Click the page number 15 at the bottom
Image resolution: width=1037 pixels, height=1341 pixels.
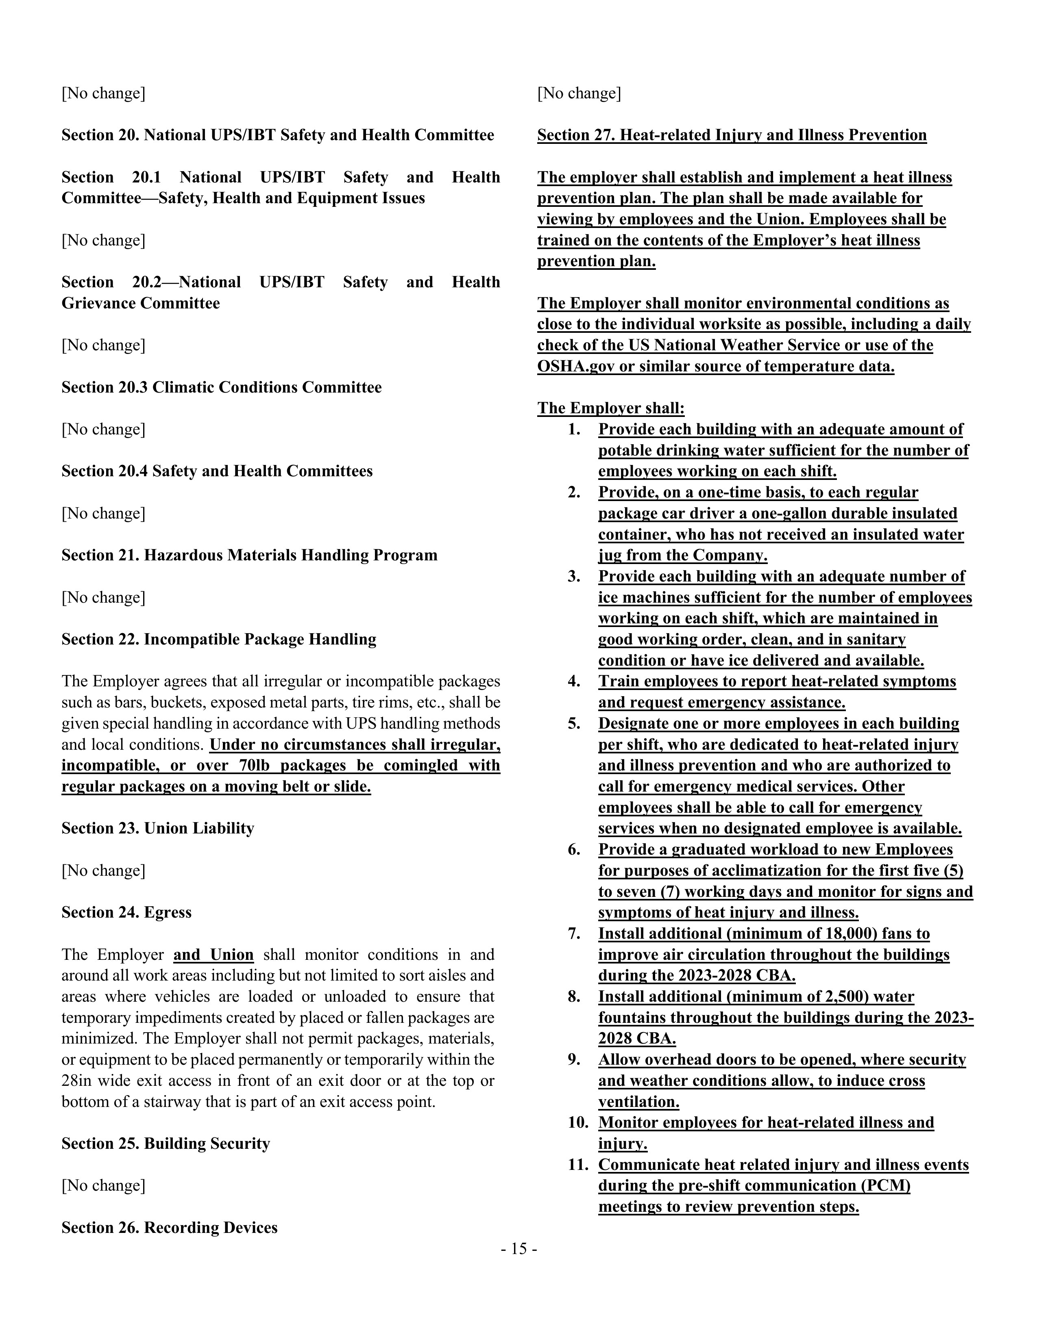[x=518, y=1249]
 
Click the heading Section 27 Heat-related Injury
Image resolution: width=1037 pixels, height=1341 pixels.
[x=732, y=135]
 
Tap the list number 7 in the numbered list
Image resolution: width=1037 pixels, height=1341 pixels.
[x=574, y=934]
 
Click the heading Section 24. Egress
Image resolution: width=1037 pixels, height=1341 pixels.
[x=126, y=912]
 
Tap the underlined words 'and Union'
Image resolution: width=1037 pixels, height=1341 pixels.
[x=213, y=955]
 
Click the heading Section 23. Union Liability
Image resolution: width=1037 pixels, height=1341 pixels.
[x=158, y=828]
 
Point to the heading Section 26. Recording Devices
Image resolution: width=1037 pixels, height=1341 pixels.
[x=170, y=1227]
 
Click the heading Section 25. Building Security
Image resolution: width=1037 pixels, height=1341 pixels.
[x=166, y=1143]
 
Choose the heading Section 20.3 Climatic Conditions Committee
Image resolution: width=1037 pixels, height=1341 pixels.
[x=222, y=387]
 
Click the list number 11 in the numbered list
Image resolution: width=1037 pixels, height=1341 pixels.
[x=578, y=1165]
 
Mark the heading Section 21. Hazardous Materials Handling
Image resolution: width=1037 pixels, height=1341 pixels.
[x=249, y=555]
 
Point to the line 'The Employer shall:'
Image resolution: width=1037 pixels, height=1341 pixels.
[x=611, y=408]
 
